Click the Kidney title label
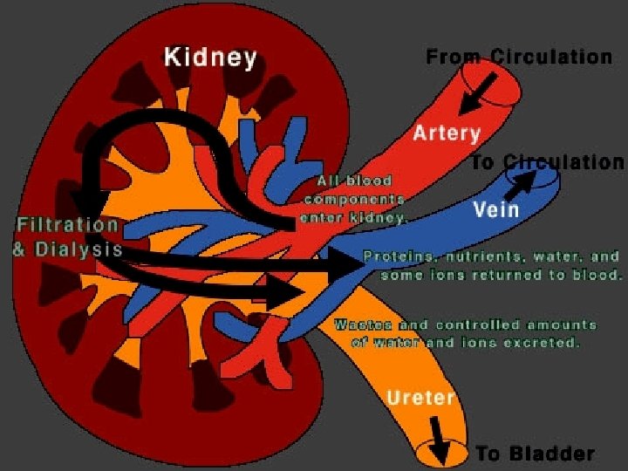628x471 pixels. click(210, 59)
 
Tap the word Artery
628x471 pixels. click(447, 133)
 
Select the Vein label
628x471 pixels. click(495, 209)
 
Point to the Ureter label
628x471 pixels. click(421, 399)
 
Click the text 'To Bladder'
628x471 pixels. click(535, 454)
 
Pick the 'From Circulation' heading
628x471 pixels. click(518, 58)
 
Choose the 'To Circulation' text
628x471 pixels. click(548, 162)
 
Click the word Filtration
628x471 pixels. click(66, 225)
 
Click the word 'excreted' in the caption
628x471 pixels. click(549, 343)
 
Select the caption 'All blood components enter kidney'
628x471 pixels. click(352, 200)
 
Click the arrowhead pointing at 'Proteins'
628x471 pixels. click(345, 262)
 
